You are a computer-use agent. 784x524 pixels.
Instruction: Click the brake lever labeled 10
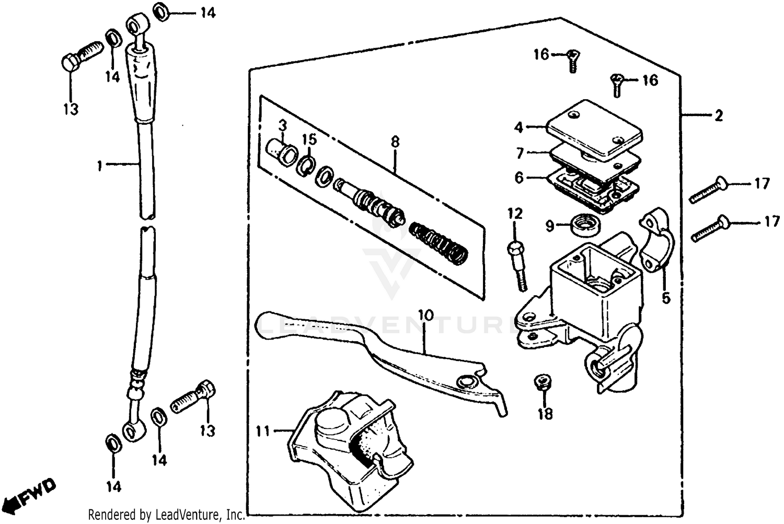coord(376,355)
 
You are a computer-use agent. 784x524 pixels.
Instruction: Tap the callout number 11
coord(263,431)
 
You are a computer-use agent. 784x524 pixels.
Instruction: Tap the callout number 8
coord(395,142)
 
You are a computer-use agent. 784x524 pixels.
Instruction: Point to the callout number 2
coord(719,115)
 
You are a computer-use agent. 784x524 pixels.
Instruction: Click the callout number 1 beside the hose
coord(99,166)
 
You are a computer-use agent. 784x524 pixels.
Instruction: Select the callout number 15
coord(309,139)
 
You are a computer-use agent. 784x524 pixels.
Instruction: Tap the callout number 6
coord(518,178)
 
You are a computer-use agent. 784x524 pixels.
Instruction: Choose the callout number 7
coord(520,154)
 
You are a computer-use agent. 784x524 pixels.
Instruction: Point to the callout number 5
coord(665,298)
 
